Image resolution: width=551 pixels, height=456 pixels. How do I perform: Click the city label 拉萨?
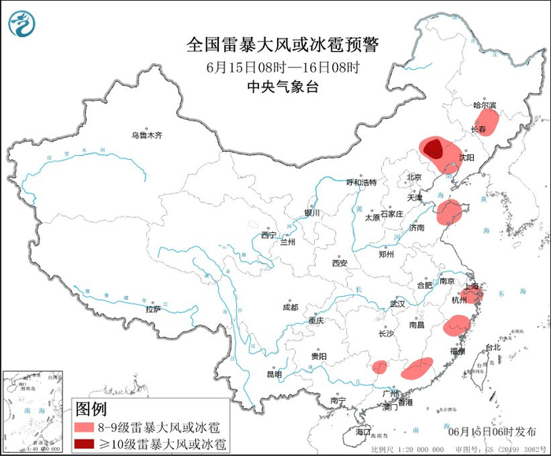click(153, 309)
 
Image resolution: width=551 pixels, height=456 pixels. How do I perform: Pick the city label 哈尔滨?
click(484, 106)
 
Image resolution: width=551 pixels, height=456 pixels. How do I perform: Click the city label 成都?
click(289, 307)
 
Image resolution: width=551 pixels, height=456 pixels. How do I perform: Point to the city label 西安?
click(339, 263)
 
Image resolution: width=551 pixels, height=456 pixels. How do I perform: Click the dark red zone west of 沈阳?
click(432, 148)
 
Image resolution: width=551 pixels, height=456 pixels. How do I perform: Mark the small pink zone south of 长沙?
click(380, 366)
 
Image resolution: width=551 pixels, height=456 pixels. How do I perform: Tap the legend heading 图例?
click(91, 409)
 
